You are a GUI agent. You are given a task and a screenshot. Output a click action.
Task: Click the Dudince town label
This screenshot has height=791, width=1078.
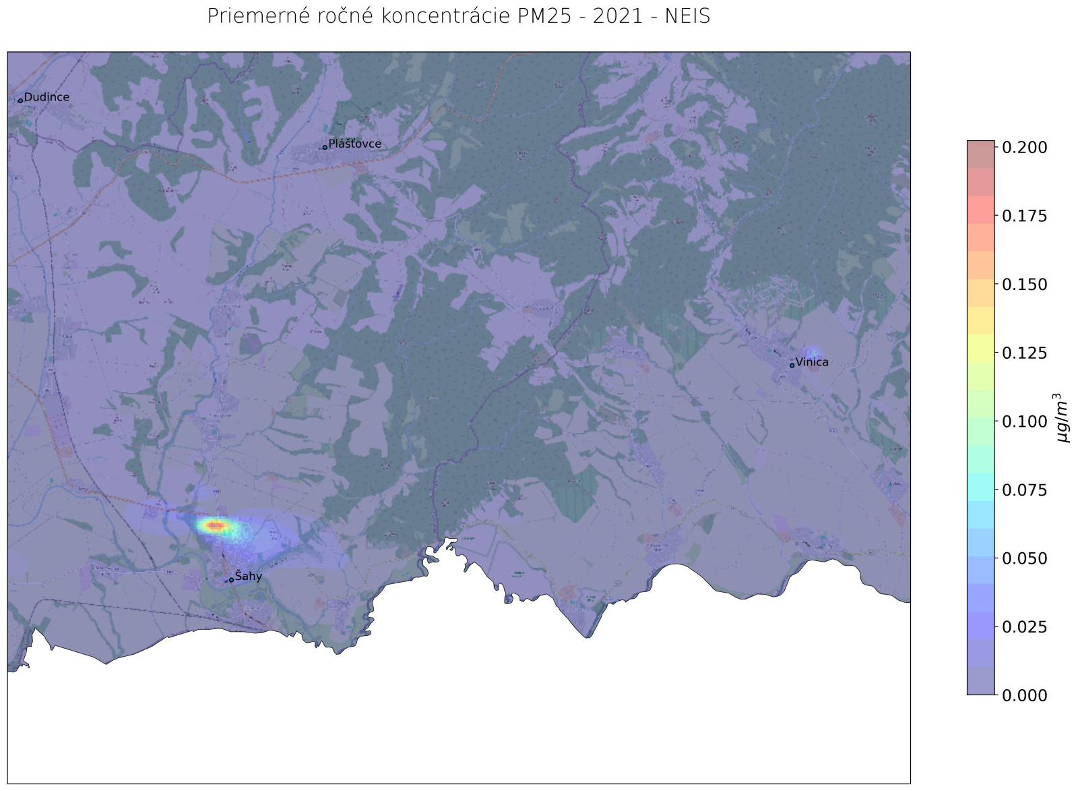click(46, 97)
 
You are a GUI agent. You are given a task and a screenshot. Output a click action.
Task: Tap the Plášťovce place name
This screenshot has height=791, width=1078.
click(354, 144)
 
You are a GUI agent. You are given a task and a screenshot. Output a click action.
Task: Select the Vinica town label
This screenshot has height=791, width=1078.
click(812, 362)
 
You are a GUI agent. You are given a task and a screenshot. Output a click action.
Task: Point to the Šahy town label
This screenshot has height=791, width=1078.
click(248, 577)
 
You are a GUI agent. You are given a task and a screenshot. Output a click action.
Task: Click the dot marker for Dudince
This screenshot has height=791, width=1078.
click(20, 100)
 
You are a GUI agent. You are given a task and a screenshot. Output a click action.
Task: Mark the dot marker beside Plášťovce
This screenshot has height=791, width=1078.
click(325, 147)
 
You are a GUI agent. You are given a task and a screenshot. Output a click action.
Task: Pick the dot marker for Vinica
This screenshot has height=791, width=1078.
click(792, 365)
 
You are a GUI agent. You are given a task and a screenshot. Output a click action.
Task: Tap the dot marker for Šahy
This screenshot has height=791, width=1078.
click(231, 580)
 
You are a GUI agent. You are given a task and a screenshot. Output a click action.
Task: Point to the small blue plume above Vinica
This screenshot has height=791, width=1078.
click(814, 352)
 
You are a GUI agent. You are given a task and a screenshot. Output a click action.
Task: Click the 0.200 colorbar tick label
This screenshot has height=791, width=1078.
click(1024, 147)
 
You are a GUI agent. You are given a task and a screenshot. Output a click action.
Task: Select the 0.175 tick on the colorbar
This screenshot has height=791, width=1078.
click(1024, 216)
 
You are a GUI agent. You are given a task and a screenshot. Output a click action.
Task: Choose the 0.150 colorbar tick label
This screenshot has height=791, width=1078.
click(1024, 285)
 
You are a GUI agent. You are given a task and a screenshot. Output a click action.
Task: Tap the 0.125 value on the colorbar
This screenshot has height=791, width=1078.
click(1024, 353)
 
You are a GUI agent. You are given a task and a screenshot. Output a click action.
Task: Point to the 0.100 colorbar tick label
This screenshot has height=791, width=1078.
click(1024, 421)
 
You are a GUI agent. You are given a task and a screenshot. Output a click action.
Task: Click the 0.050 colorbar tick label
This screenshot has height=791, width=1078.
click(1024, 558)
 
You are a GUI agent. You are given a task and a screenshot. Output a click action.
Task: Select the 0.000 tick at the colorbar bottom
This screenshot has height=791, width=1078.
click(1024, 695)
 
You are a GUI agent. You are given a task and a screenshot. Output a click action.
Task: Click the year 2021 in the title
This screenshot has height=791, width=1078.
click(617, 16)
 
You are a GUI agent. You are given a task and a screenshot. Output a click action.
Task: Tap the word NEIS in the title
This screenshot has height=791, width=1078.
click(687, 16)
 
